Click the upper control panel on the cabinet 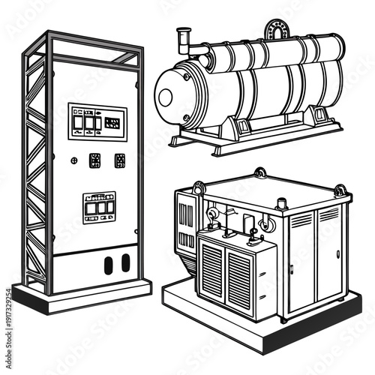click(97, 121)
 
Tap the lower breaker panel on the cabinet click(99, 206)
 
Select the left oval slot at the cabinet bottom click(108, 263)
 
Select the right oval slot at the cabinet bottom click(125, 262)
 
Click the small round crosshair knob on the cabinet click(73, 160)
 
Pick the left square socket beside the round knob click(95, 160)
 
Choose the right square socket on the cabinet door click(119, 160)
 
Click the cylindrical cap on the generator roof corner click(283, 202)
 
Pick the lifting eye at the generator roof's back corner click(259, 173)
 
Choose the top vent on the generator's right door click(301, 220)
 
